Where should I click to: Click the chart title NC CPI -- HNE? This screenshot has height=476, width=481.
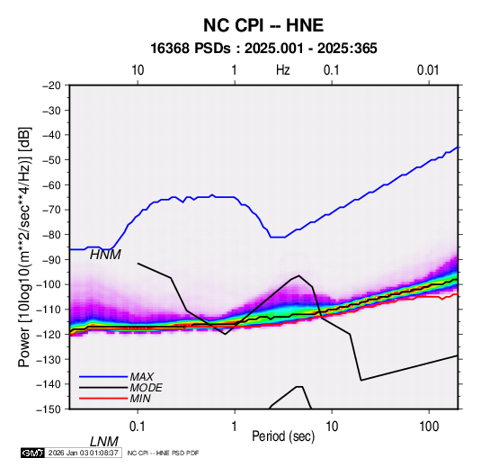click(263, 25)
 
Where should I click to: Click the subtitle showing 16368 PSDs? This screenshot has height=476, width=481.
click(263, 49)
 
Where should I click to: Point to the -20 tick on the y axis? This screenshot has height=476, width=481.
click(51, 85)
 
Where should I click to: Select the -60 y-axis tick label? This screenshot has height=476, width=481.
click(51, 184)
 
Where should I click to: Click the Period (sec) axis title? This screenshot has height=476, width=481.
click(283, 436)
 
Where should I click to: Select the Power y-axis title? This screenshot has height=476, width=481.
click(24, 247)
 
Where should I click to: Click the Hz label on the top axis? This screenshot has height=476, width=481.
click(283, 70)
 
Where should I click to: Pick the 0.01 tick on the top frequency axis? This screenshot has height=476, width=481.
click(428, 70)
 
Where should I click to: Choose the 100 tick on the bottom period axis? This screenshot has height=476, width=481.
click(429, 427)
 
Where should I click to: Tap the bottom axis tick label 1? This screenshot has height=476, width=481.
click(235, 427)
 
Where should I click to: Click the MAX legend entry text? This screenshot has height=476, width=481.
click(142, 377)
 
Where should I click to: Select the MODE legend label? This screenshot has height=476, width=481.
click(146, 388)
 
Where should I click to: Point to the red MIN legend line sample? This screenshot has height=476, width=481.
click(103, 399)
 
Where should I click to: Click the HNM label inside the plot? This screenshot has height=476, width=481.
click(105, 255)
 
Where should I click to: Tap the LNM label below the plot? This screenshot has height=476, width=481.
click(104, 442)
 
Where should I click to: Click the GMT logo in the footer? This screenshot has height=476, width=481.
click(33, 453)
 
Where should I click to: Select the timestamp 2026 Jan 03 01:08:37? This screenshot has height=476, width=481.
click(83, 453)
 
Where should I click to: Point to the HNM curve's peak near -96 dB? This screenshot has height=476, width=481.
click(298, 275)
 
